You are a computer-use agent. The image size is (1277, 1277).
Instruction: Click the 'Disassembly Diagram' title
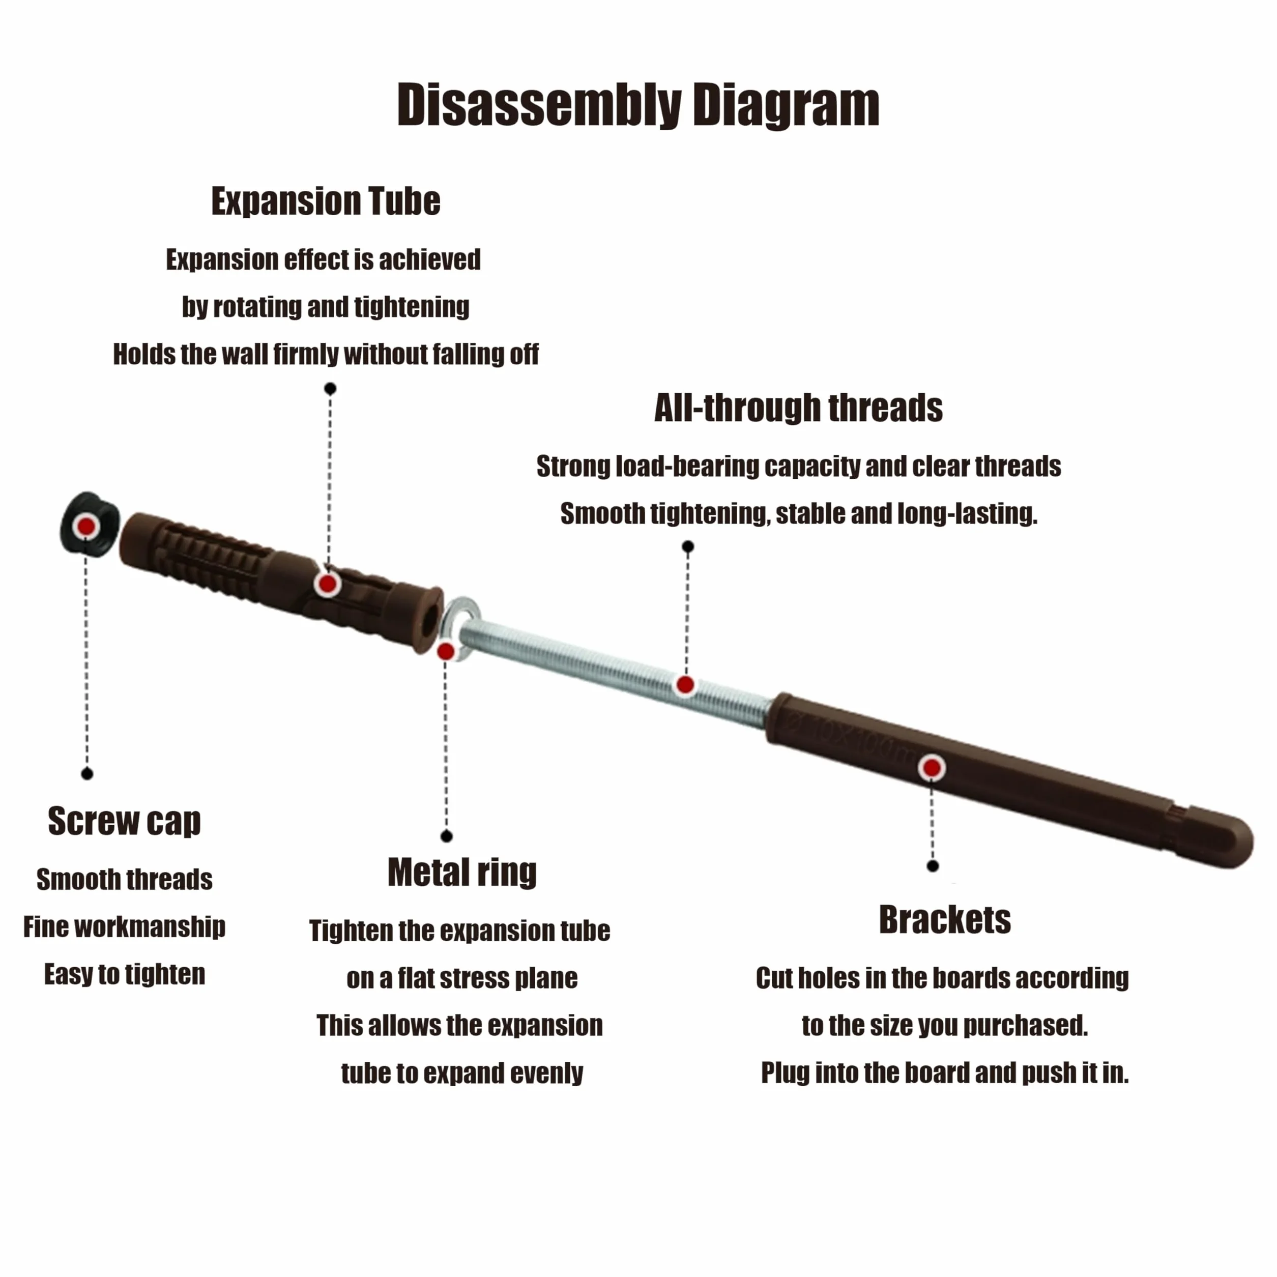[x=638, y=105]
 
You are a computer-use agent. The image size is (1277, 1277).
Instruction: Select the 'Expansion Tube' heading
[x=326, y=201]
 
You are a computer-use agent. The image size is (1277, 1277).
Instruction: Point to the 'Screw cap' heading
[x=124, y=822]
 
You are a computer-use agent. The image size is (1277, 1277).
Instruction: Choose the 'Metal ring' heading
[x=462, y=873]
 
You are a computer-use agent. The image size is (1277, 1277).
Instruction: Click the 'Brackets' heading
[x=945, y=919]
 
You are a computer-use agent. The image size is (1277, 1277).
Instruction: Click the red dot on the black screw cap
[x=86, y=526]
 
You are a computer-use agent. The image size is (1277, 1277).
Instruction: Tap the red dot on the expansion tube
[x=327, y=584]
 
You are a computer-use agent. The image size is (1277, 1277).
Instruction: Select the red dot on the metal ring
[x=446, y=652]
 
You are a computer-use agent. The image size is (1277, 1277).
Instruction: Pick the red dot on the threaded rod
[x=685, y=685]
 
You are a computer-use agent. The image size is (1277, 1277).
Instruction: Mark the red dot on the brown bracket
[x=932, y=768]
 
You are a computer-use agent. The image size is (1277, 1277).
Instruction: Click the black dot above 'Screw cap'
[x=87, y=774]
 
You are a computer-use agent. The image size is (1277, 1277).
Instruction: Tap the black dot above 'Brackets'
[x=933, y=866]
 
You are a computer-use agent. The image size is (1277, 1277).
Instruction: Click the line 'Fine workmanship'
[x=124, y=926]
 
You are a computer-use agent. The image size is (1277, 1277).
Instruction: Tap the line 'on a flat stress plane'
[x=462, y=978]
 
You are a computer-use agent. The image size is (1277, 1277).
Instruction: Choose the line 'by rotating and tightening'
[x=326, y=307]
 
